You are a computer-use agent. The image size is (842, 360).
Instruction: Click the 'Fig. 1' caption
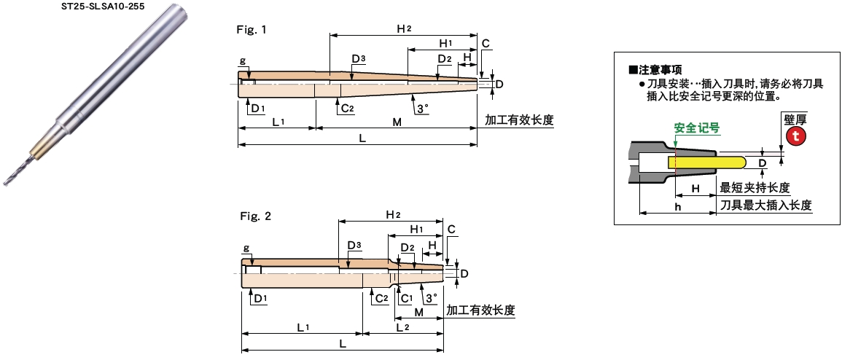(x=252, y=30)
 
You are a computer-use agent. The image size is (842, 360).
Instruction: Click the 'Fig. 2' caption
(x=255, y=216)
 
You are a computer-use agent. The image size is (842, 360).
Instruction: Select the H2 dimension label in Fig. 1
(x=404, y=28)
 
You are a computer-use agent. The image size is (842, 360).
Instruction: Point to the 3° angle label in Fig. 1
(x=421, y=108)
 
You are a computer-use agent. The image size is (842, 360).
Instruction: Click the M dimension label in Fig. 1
(x=397, y=122)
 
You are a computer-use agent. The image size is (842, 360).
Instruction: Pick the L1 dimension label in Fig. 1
(x=278, y=122)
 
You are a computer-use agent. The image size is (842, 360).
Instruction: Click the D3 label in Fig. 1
(x=359, y=58)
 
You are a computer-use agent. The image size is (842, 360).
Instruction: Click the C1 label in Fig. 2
(x=406, y=298)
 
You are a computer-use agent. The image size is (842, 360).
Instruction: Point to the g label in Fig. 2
(x=246, y=248)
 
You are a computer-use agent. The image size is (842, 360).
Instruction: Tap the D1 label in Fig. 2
(x=258, y=298)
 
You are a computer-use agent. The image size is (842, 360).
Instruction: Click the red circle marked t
(x=795, y=136)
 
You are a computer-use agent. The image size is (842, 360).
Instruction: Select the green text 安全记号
(x=697, y=128)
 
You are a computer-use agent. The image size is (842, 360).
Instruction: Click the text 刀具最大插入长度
(x=765, y=206)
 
